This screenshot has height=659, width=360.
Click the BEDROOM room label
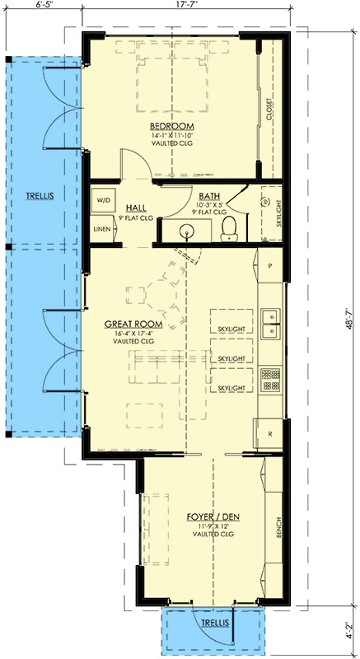pos(172,126)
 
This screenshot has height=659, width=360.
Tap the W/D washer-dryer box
pos(103,200)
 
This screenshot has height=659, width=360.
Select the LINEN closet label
pos(102,229)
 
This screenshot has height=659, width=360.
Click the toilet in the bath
pos(229,228)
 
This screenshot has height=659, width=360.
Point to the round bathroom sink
pos(185,231)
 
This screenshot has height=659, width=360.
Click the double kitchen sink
pos(270,324)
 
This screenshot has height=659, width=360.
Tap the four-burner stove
pos(270,380)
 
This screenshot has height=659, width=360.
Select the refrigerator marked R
pos(269,433)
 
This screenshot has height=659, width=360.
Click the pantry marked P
pos(269,265)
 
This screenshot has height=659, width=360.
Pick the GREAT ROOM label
pos(133,324)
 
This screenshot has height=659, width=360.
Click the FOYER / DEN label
pos(213,516)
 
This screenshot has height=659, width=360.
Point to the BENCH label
pos(278,527)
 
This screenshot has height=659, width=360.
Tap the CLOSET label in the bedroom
pos(269,110)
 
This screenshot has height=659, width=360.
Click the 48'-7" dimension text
pos(348,320)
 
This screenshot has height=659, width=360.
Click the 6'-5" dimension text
pos(44,5)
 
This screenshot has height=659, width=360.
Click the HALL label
pos(136,208)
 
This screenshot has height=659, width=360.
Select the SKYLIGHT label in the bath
pos(278,213)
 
